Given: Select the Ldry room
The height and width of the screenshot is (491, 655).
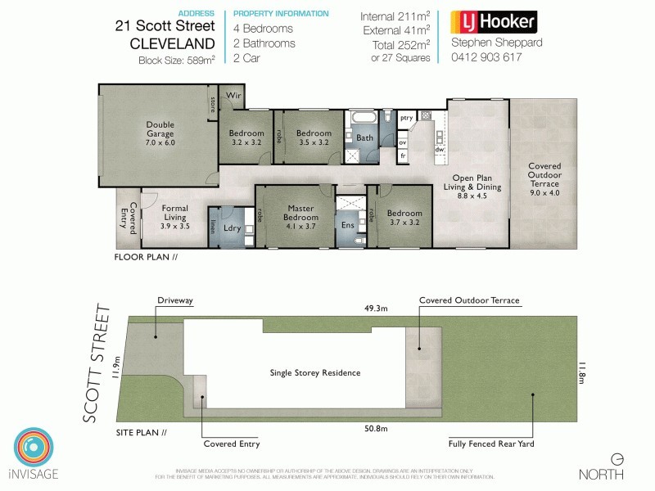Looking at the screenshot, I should (232, 228).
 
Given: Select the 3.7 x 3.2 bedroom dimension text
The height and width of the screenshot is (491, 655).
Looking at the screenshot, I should (404, 222).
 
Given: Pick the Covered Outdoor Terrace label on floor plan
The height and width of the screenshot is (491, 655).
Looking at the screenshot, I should (544, 173).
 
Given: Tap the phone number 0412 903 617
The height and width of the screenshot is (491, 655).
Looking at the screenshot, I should (486, 58).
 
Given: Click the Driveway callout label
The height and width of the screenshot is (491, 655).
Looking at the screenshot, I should (174, 300).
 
